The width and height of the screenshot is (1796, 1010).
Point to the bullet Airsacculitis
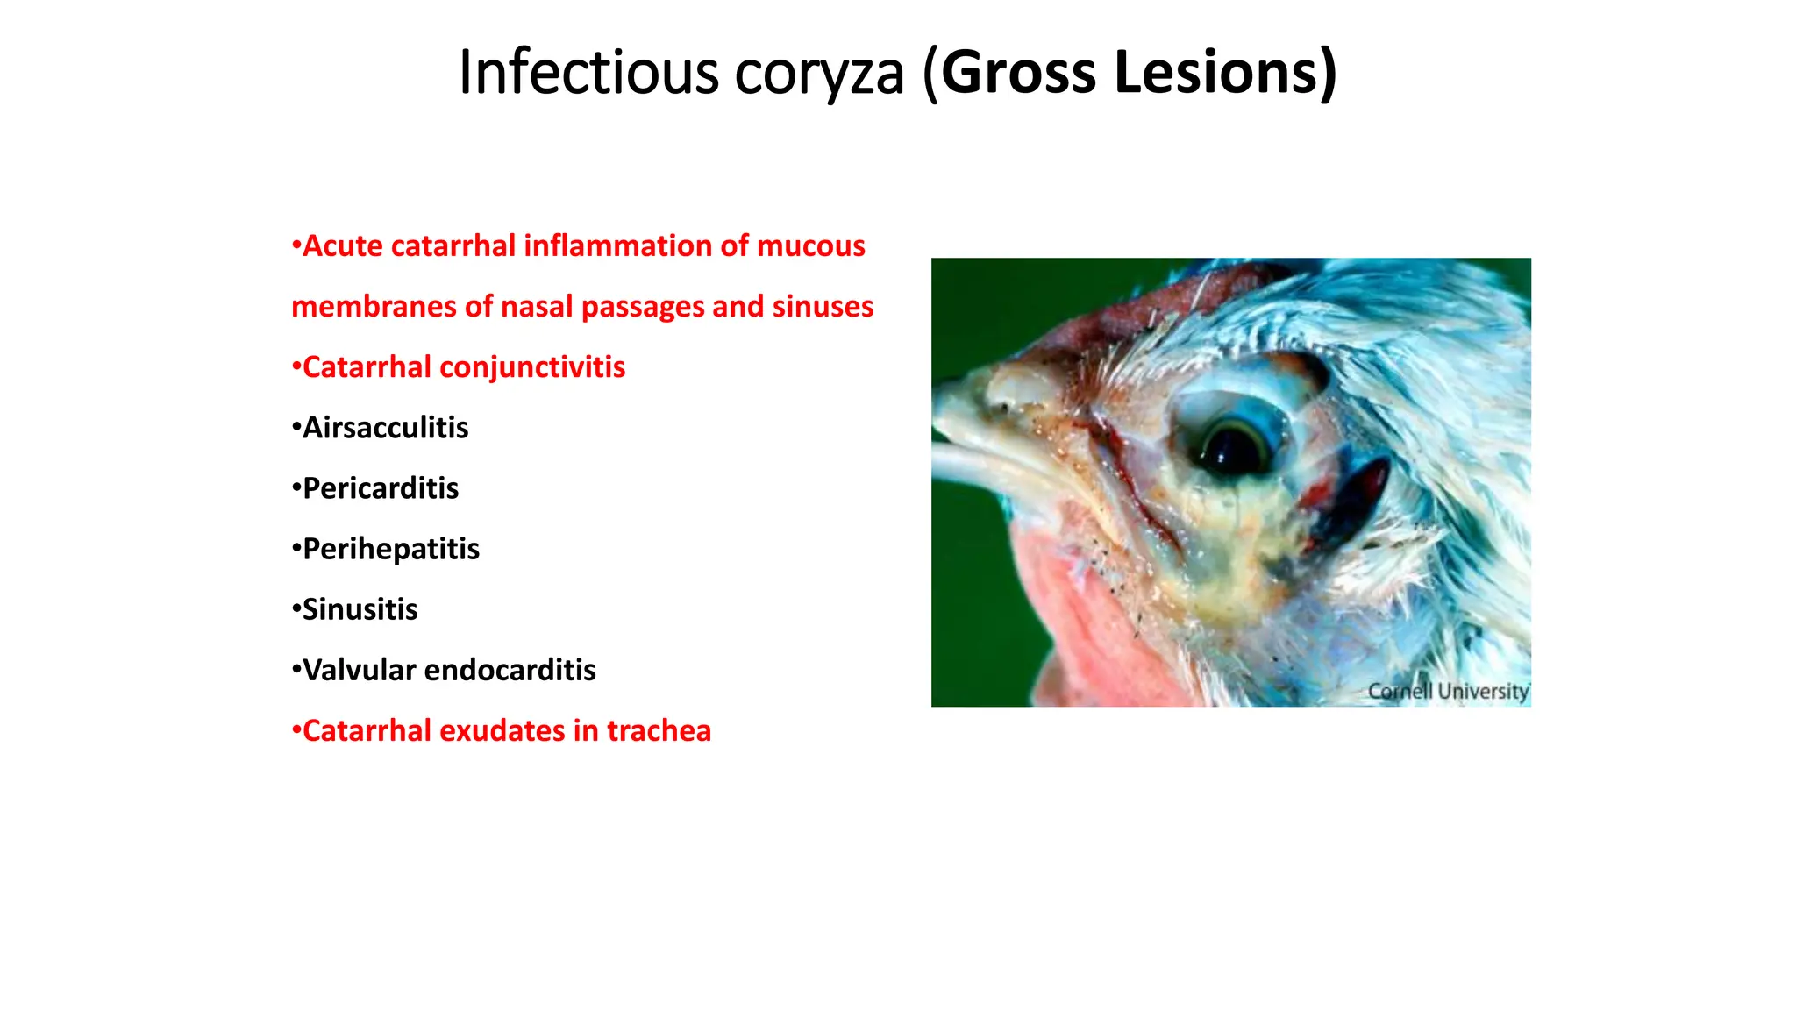385,428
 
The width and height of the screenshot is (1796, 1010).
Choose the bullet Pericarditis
380,488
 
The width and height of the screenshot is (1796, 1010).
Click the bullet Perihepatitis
390,549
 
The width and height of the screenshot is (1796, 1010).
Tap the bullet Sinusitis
360,609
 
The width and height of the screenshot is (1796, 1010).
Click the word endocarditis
510,670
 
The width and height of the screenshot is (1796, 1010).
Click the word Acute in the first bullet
342,246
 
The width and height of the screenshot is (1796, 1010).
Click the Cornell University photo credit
1447,692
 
